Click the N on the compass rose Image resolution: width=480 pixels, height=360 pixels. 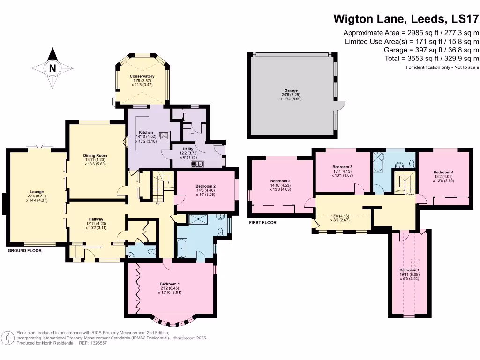point(53,68)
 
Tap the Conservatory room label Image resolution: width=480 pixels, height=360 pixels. point(142,76)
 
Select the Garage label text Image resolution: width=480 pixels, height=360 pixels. point(291,90)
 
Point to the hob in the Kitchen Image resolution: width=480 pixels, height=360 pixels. point(165,136)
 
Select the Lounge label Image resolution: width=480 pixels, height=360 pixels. point(37,191)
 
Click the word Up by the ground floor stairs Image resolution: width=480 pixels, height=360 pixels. point(157,203)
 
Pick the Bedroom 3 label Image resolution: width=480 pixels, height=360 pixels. point(342,167)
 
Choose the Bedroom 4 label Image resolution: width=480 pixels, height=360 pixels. point(443,172)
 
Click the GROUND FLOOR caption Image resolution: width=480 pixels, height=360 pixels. point(25,251)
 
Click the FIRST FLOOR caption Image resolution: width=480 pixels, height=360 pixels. point(262,223)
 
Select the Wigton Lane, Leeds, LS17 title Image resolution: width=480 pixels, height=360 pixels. point(406,19)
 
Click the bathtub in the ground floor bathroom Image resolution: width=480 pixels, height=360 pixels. point(181,247)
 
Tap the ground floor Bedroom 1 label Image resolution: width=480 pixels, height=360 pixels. point(169,284)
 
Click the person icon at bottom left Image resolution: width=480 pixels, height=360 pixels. point(8,337)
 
